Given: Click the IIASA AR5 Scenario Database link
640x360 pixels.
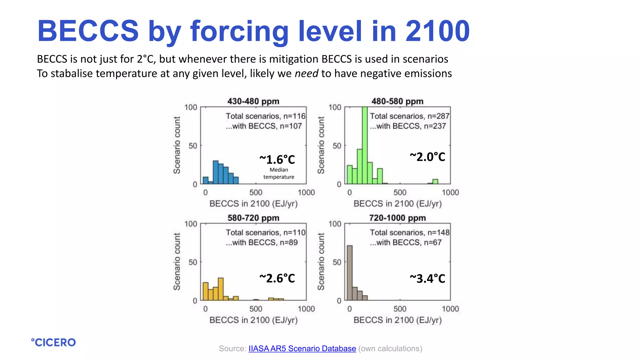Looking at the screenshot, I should (x=302, y=348).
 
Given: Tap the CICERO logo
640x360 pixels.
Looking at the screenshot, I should (x=53, y=342).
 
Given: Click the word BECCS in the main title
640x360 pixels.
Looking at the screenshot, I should (x=88, y=31).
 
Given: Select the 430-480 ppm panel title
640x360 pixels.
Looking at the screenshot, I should (x=253, y=101).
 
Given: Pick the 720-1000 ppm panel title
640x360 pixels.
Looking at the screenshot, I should (x=397, y=218).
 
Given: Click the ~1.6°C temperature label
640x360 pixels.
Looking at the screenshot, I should (x=277, y=160).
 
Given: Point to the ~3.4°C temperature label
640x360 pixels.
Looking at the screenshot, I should (x=427, y=278).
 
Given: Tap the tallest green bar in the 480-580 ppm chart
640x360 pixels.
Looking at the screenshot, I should (x=365, y=145).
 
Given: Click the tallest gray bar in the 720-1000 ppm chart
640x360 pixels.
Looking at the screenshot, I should (x=350, y=272).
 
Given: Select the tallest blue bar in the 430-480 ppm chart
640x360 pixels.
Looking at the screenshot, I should (x=216, y=172).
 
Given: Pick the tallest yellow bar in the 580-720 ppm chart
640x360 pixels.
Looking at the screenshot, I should (x=221, y=289).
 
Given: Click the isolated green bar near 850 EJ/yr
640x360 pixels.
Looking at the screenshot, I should (x=435, y=182).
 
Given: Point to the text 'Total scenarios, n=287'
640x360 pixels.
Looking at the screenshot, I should (x=409, y=116).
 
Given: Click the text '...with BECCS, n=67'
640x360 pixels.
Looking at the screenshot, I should (x=405, y=242).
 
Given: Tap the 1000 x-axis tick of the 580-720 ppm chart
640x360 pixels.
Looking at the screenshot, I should (x=306, y=309).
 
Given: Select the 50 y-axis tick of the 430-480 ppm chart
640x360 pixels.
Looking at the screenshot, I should (x=193, y=146).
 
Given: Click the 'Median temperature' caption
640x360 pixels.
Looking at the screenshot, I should (x=279, y=173).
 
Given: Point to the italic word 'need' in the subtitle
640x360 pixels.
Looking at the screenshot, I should (x=306, y=73).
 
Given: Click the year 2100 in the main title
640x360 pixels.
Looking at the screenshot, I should (x=437, y=31).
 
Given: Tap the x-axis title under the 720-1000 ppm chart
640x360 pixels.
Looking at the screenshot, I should (x=397, y=320).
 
